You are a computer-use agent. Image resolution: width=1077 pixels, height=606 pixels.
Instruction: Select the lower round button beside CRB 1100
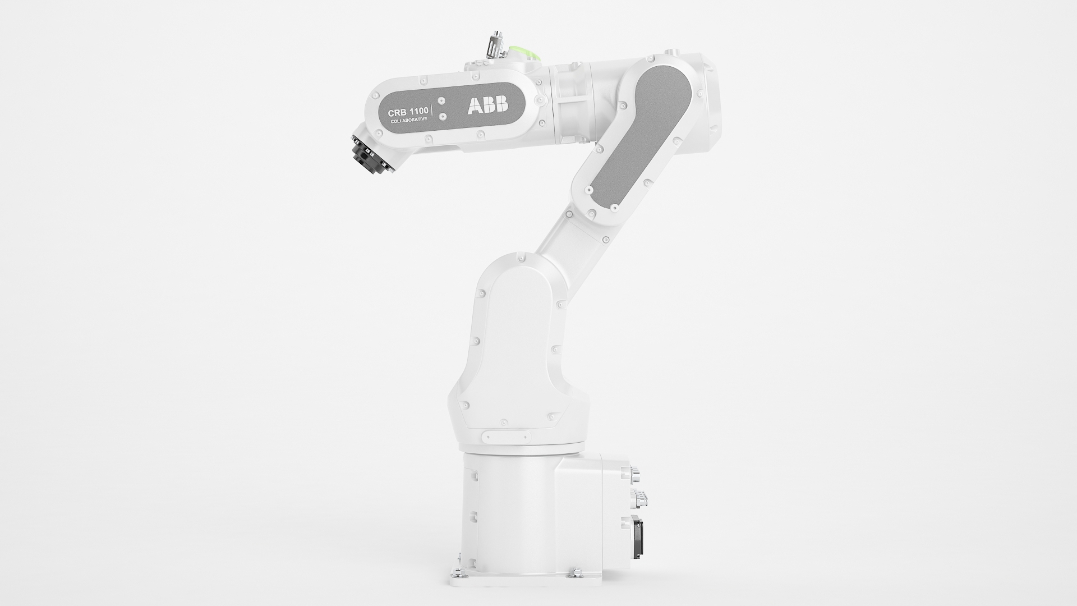coord(443,116)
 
